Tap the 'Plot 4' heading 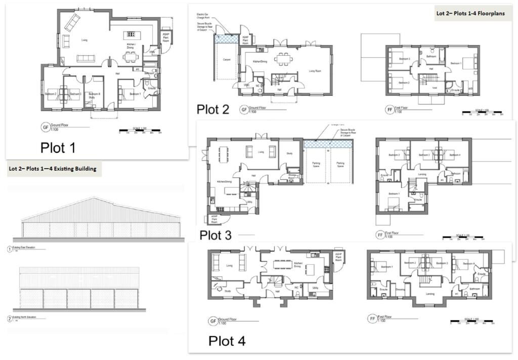click(x=227, y=341)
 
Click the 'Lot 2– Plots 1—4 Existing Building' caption click(x=52, y=169)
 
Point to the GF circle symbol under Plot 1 click(x=44, y=127)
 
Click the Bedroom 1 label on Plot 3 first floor click(x=394, y=193)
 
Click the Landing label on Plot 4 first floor click(x=430, y=293)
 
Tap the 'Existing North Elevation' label click(x=30, y=318)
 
